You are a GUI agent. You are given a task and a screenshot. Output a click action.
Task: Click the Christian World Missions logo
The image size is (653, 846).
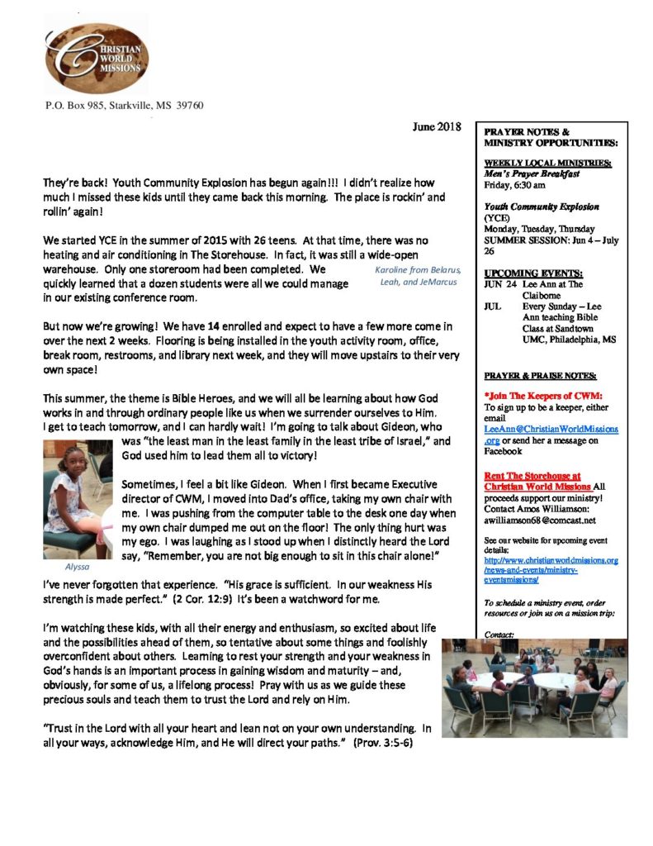96,55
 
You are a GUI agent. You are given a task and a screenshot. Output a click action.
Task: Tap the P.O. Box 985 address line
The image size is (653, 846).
125,105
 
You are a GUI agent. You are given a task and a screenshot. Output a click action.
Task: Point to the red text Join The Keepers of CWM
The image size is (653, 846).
543,396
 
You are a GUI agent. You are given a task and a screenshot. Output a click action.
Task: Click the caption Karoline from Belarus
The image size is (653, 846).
417,270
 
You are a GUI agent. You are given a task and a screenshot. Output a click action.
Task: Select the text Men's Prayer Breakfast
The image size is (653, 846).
532,174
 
